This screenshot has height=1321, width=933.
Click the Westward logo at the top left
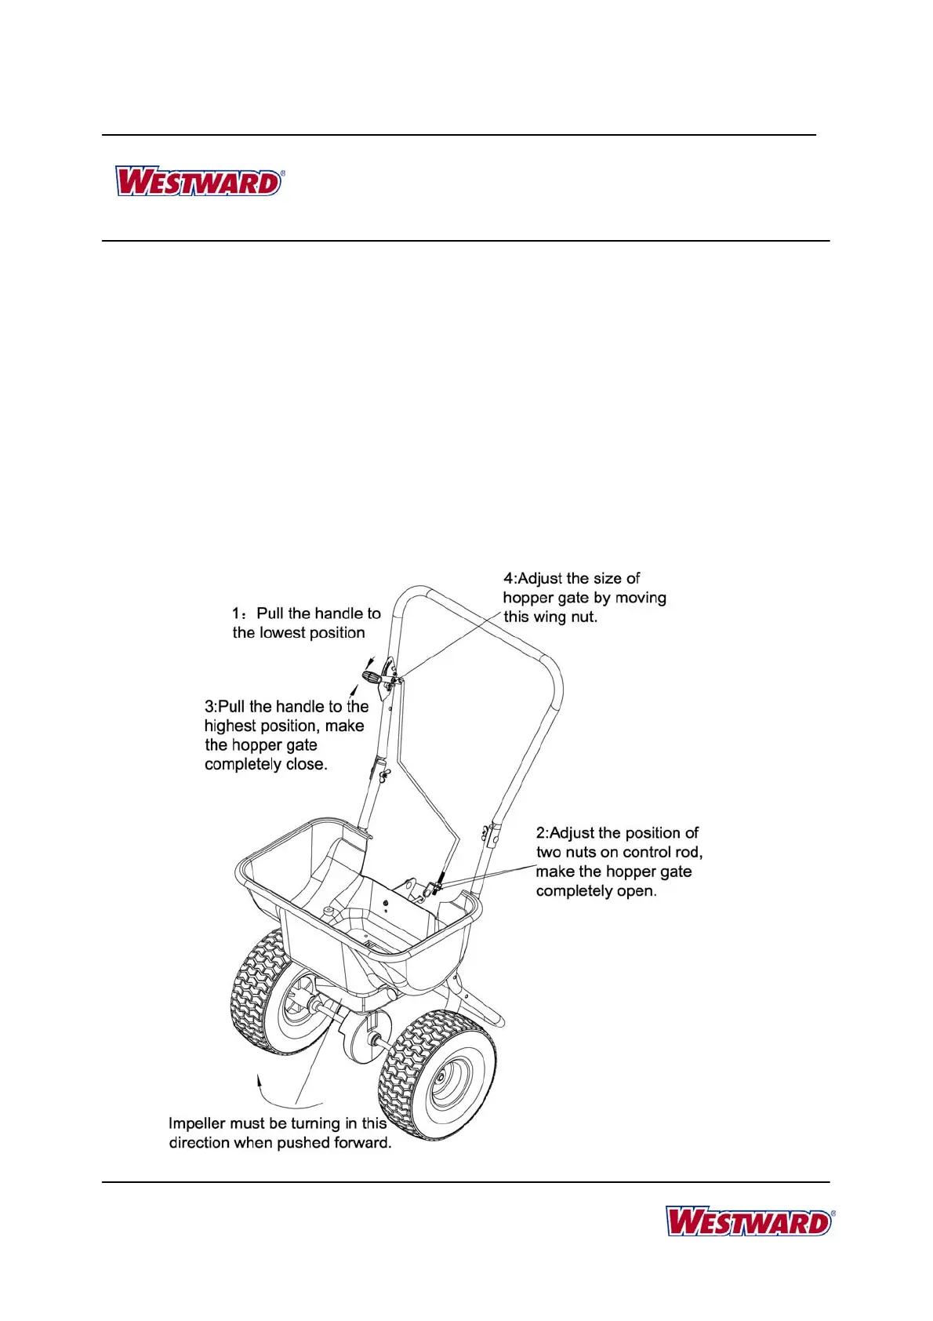coord(199,181)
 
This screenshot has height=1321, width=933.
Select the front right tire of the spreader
coord(436,1074)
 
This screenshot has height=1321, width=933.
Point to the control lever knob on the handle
coord(368,675)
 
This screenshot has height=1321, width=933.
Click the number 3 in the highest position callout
coord(209,707)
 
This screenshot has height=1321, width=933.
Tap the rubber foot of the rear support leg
coord(497,1020)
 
